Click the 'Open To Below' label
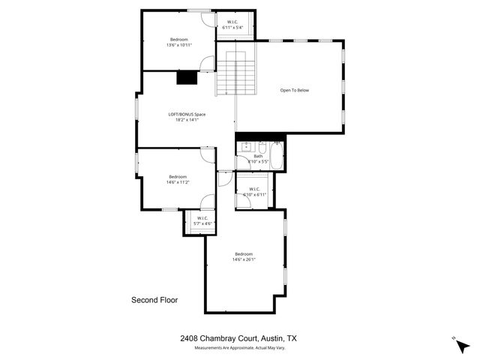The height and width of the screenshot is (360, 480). coord(294,90)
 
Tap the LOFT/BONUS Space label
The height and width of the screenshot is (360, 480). coord(186,114)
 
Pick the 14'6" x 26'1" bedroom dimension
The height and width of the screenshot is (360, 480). coord(244,259)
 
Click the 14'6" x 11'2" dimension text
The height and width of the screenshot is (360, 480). coord(177,182)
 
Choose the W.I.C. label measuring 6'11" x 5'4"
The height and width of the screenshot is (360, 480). coord(232,28)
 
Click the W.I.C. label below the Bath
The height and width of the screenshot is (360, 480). coord(254,189)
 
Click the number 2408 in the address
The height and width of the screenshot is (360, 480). coord(190,338)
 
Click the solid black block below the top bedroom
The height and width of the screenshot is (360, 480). coord(185,76)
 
